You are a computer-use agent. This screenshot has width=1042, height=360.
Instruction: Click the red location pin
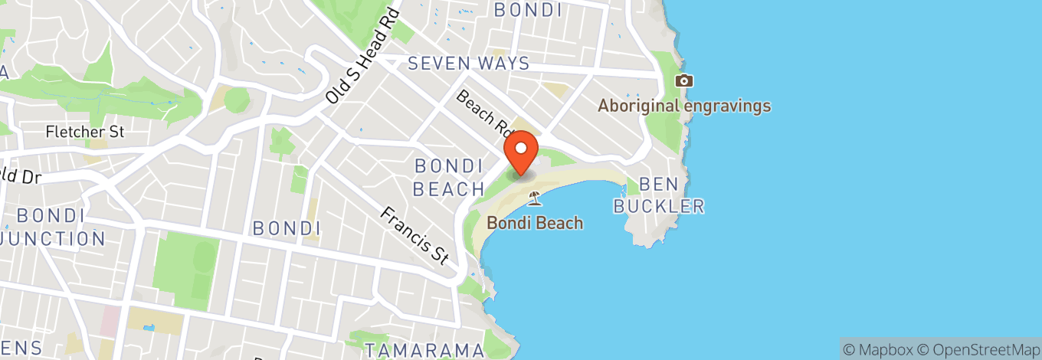522,152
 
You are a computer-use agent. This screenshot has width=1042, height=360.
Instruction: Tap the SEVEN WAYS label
469,64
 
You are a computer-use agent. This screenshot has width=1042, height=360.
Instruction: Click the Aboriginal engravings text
683,106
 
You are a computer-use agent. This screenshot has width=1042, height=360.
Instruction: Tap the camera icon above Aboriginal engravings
683,80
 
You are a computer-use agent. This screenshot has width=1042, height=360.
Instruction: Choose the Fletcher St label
84,132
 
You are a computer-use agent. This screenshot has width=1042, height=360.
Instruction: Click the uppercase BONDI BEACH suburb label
449,177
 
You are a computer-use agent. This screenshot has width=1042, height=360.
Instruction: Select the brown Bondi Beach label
535,223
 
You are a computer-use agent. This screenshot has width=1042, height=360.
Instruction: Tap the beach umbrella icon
535,199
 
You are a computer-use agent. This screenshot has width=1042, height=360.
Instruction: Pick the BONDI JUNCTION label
54,227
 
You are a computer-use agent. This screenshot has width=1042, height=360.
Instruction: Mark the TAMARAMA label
424,350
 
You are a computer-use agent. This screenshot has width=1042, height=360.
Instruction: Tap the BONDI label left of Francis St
286,227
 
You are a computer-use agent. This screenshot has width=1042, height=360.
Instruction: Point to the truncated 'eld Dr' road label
19,175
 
